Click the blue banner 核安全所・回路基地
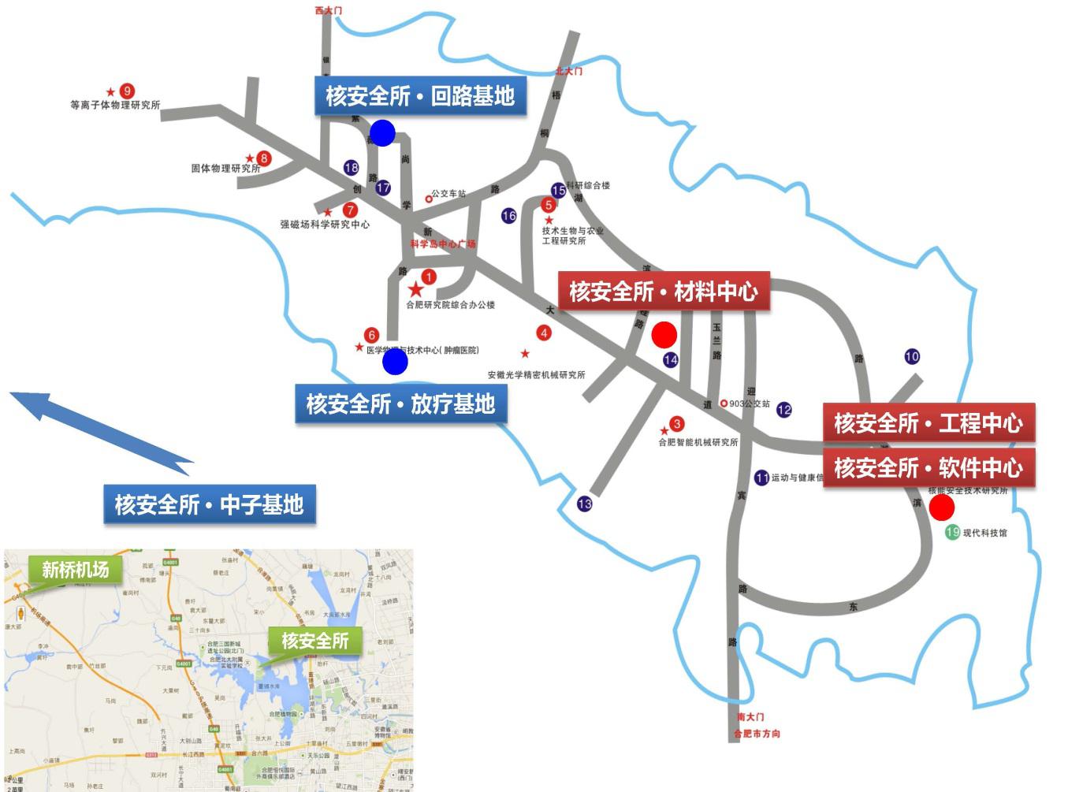420,96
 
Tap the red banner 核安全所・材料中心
664,292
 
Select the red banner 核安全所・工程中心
928,423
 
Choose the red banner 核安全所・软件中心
928,468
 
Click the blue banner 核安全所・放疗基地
400,404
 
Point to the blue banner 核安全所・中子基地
209,504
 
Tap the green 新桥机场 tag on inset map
75,569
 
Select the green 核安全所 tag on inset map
314,641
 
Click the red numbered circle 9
126,91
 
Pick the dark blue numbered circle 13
584,504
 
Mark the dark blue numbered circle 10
912,356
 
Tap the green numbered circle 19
952,533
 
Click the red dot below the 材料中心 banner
664,334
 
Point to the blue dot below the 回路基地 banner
382,133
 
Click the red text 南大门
750,717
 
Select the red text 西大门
329,10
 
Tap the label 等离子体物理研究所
115,105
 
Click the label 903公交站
749,403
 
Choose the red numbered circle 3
676,425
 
